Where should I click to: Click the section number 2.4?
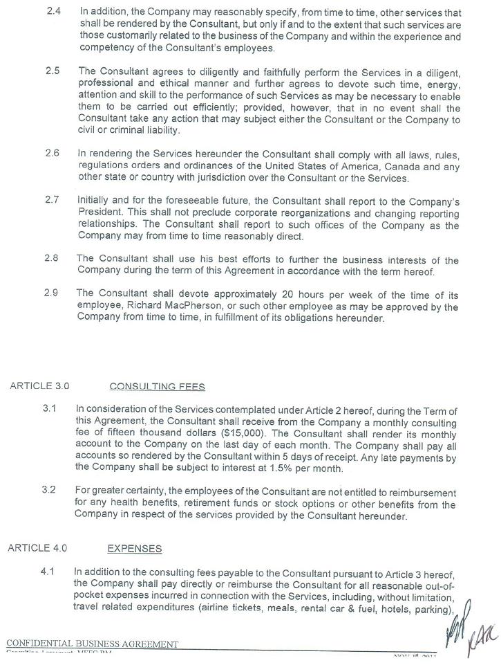pos(55,12)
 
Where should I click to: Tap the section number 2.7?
pos(52,199)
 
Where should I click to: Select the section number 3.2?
pos(48,491)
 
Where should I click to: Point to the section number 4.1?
pos(48,572)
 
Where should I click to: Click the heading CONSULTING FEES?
pos(157,386)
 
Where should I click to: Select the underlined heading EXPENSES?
pos(135,549)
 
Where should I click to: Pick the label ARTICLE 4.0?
pos(37,548)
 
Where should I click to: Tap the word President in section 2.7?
pos(101,212)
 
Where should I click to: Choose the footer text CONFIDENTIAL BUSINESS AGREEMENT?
pos(92,644)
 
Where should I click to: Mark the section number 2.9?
pos(51,293)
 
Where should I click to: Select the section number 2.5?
pos(53,71)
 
